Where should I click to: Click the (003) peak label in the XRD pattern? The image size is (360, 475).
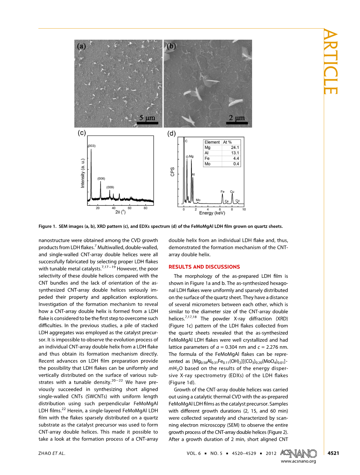pos(92,146)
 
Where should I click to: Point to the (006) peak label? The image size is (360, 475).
pos(101,178)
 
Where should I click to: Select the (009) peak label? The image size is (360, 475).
pos(110,187)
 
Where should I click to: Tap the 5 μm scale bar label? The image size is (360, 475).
pos(147,118)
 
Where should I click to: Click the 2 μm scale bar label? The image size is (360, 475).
pos(237,118)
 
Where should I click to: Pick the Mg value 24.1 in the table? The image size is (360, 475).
pos(235,147)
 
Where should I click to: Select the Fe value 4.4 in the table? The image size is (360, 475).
pos(236,158)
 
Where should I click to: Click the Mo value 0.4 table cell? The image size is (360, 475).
pos(236,164)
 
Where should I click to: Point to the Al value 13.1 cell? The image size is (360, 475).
pos(235,153)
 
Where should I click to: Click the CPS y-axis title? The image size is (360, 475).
pos(172,172)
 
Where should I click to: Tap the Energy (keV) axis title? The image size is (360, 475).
pos(212,213)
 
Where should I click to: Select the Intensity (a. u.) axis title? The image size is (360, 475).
pos(83,174)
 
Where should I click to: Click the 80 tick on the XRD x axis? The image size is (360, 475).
pos(145,208)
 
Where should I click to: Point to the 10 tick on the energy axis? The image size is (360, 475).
pos(244,209)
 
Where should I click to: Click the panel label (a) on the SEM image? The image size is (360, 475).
pos(82,46)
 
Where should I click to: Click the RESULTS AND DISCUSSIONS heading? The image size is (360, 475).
pos(204,267)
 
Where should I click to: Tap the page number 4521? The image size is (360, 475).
pos(333,453)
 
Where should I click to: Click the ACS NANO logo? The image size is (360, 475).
pos(298,453)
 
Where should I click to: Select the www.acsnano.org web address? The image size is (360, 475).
pos(298,461)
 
